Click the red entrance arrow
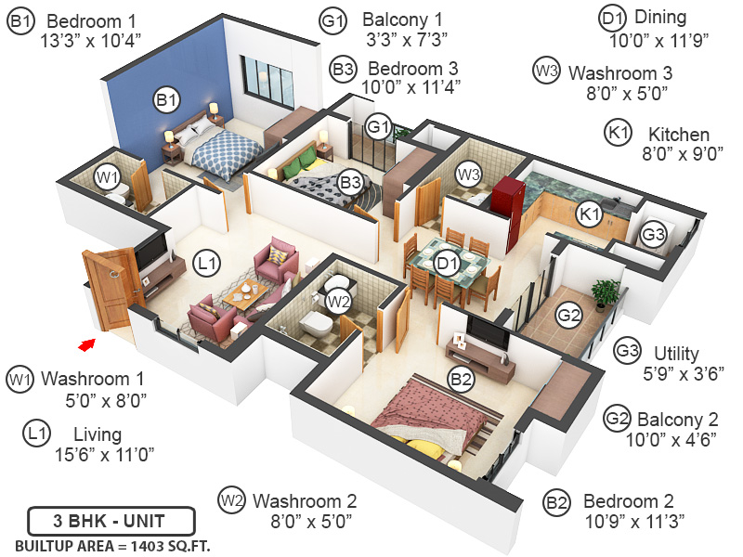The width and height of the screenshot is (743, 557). point(86,344)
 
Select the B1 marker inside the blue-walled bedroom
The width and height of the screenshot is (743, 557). point(166,99)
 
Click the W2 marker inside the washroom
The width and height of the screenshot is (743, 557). point(337,301)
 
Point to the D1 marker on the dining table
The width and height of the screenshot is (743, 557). point(449,264)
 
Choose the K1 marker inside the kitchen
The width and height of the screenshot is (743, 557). point(589,214)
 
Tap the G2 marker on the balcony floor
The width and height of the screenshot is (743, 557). point(568,316)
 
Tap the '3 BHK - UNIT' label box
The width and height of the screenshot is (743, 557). point(111,520)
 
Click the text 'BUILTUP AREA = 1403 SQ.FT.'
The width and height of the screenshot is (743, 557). point(111,545)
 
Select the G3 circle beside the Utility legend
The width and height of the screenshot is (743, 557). point(629,351)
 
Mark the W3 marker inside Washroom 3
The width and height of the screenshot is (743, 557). point(467,173)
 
